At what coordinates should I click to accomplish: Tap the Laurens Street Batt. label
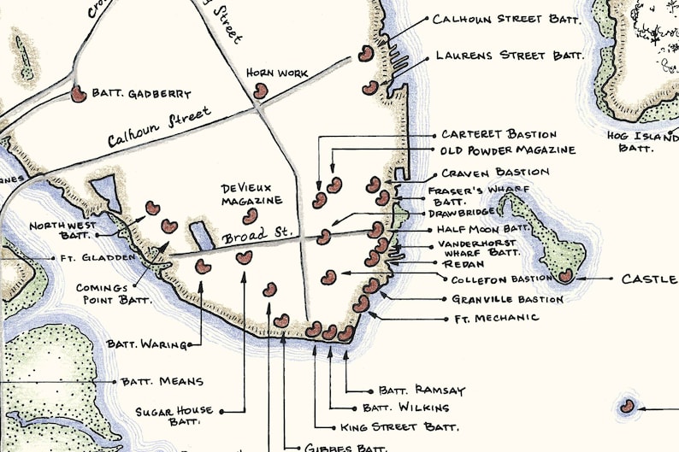tap(509, 56)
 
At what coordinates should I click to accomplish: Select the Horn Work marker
tap(260, 89)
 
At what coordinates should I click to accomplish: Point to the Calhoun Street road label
tap(159, 127)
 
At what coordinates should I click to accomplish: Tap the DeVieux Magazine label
tap(251, 194)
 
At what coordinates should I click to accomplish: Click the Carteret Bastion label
tap(499, 134)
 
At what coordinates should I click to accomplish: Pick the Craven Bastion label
tap(495, 173)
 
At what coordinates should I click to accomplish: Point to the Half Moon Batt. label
tap(483, 229)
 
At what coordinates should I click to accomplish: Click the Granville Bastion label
tap(507, 299)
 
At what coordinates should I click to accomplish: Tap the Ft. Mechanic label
tap(497, 318)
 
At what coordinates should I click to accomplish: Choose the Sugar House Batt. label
tap(174, 416)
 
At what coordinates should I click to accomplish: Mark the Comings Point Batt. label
tap(114, 294)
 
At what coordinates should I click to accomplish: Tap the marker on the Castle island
tap(565, 275)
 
